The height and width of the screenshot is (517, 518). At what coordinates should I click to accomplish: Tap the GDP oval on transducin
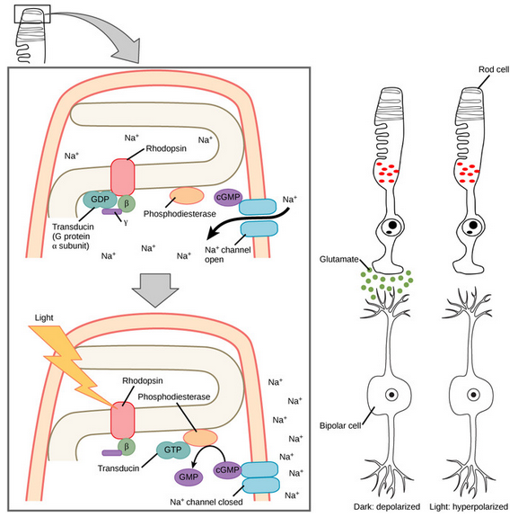click(x=100, y=200)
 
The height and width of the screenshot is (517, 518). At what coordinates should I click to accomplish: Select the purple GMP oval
click(x=189, y=477)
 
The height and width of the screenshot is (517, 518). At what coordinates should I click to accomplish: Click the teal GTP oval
click(x=173, y=450)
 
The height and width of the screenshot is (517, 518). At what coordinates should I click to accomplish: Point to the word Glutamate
click(x=339, y=259)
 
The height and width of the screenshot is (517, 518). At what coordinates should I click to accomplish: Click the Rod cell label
click(x=494, y=69)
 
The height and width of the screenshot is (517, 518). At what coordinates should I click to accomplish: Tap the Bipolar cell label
click(x=340, y=425)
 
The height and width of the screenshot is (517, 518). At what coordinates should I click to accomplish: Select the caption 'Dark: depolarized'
click(x=387, y=506)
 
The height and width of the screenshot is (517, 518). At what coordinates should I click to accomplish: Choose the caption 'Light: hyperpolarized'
click(x=469, y=506)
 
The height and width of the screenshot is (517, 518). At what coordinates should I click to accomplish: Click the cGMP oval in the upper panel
click(x=228, y=198)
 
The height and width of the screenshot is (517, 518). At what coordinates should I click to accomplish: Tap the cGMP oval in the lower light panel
click(x=227, y=470)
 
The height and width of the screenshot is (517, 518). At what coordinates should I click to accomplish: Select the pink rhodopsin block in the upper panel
click(x=123, y=177)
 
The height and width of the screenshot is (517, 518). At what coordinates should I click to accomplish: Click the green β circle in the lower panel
click(x=127, y=447)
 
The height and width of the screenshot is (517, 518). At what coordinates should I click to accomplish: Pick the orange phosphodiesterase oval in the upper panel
click(x=187, y=196)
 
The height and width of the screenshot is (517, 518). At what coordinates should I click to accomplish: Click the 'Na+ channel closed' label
click(x=206, y=502)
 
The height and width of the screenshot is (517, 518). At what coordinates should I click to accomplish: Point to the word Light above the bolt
click(x=44, y=318)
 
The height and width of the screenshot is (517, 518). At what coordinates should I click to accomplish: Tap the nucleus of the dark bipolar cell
click(x=391, y=395)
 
